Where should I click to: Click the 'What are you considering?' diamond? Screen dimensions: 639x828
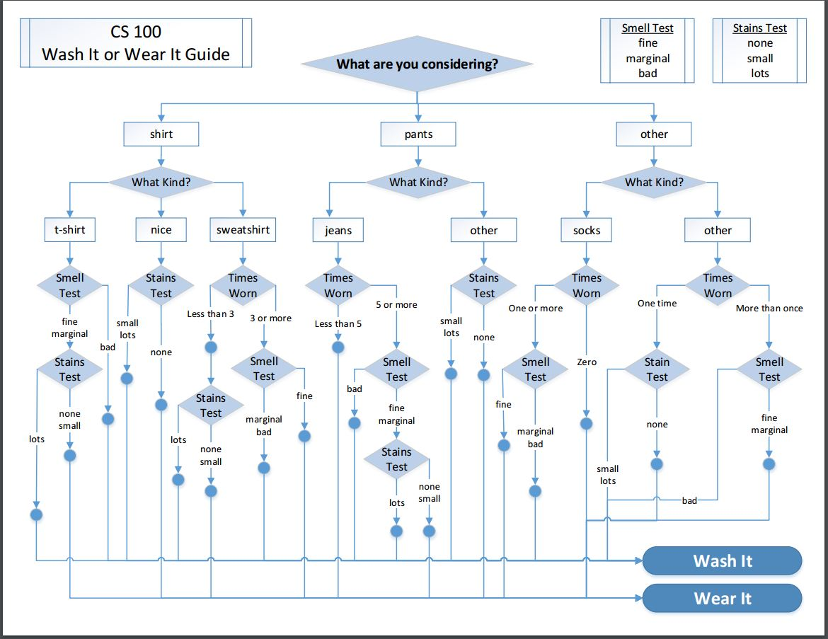coord(417,64)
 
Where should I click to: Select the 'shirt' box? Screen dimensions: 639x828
coord(161,134)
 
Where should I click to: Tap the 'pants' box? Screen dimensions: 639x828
coord(418,134)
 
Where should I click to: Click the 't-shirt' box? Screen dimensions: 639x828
coord(69,230)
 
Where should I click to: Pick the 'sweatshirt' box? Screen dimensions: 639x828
coord(243,230)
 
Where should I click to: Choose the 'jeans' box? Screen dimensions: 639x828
coord(338,230)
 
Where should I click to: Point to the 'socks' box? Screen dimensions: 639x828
coord(586,230)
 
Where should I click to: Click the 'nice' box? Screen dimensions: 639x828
coord(161,230)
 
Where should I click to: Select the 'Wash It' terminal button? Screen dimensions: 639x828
coord(722,561)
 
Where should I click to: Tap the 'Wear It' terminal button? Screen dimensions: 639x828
coord(722,599)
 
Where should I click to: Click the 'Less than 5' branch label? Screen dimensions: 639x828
coord(338,324)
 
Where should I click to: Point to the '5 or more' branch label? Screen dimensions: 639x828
coord(396,305)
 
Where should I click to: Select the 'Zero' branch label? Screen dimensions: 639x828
coord(587,362)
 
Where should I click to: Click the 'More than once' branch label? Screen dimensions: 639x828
coord(769,309)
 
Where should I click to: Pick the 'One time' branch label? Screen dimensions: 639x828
coord(657,304)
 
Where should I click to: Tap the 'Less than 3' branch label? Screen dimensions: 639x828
coord(210,314)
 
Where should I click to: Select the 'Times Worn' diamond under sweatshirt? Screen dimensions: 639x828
coord(243,286)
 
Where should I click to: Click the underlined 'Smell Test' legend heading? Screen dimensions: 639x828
coord(648,28)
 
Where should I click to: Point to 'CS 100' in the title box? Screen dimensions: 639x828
coord(136,32)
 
